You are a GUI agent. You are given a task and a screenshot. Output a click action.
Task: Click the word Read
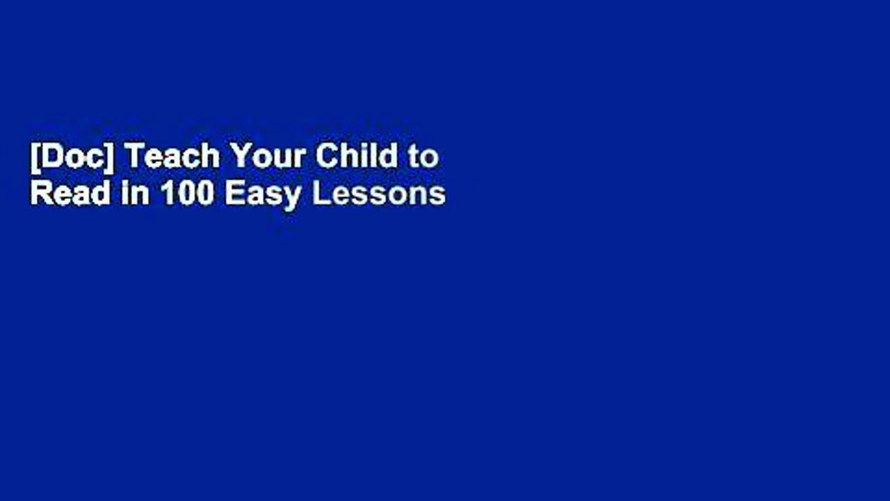70,194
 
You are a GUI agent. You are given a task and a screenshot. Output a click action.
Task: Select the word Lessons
379,194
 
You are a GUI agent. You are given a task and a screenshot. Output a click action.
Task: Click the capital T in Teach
133,158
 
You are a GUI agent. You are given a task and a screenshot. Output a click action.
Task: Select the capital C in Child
325,158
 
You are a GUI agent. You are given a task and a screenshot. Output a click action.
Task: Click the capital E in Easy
234,194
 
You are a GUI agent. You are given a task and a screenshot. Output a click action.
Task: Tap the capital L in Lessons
320,194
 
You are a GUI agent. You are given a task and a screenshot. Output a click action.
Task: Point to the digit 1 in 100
167,194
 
